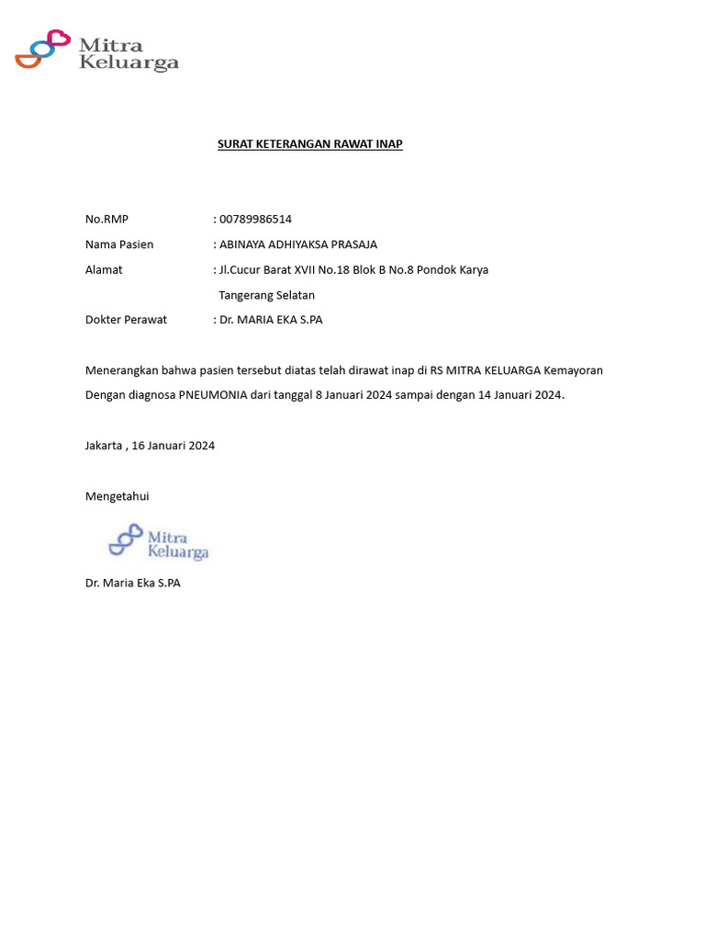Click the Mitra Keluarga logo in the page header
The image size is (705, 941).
[96, 51]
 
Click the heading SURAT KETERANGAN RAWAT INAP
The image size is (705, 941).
[309, 144]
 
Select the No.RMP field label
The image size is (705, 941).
[106, 219]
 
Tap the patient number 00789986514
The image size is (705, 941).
[255, 219]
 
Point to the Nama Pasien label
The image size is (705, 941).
[119, 244]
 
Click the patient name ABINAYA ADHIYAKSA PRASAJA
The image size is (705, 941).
[297, 244]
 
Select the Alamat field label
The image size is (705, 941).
[104, 270]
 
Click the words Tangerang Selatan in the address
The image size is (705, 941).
[266, 295]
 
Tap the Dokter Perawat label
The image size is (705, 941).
[126, 320]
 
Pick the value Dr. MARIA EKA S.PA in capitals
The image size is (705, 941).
[271, 320]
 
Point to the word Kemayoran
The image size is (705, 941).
[573, 370]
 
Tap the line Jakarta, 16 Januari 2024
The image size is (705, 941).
[150, 446]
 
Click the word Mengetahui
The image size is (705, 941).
[117, 496]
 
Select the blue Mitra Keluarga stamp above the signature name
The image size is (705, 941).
[158, 542]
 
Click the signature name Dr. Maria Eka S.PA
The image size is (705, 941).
[133, 583]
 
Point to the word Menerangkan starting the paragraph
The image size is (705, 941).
[122, 370]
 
